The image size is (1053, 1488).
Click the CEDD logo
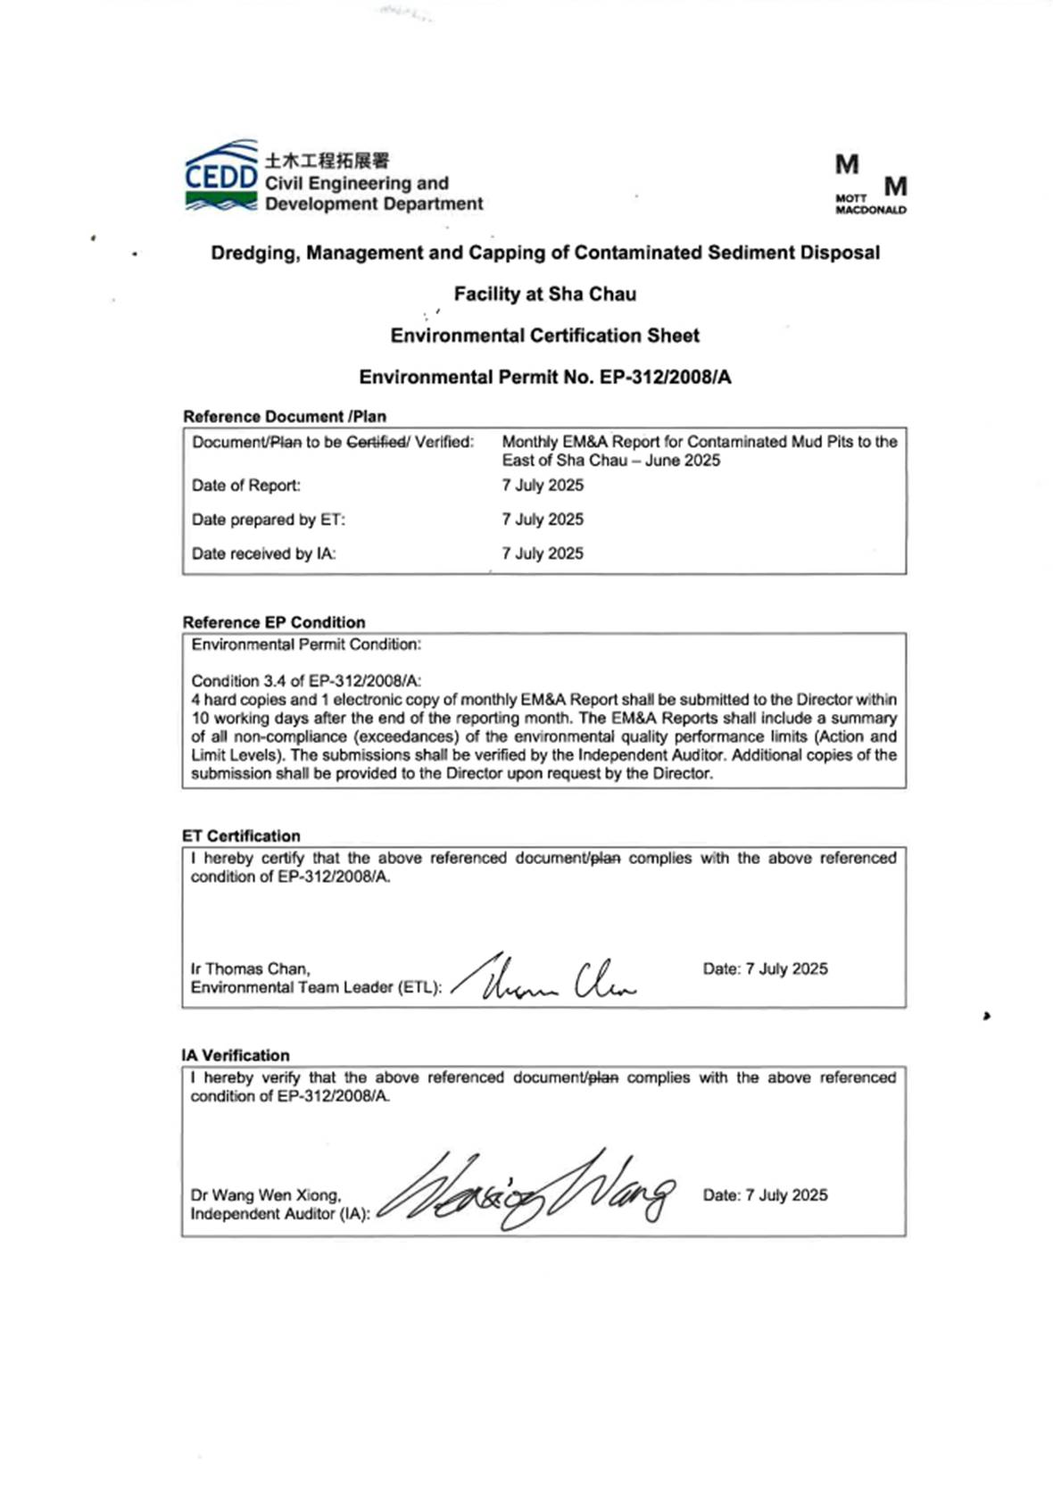[221, 177]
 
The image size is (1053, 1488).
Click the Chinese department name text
[327, 161]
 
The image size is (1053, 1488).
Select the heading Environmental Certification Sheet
[544, 336]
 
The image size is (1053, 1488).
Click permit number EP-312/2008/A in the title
[665, 377]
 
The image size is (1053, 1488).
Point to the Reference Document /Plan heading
[284, 417]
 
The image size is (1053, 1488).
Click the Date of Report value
[543, 486]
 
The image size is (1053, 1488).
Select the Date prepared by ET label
[268, 520]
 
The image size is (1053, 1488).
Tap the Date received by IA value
[543, 553]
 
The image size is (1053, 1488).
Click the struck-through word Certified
[376, 442]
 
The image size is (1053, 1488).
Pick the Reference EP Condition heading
[273, 622]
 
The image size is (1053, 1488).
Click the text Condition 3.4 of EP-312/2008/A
[306, 681]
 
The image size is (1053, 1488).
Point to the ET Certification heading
[241, 836]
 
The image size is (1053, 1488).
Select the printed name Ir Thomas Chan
[250, 968]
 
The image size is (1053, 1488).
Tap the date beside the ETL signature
[765, 968]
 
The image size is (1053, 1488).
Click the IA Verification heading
[236, 1055]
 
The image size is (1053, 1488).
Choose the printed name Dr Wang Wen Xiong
[265, 1194]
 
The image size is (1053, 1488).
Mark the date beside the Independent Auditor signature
[765, 1194]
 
